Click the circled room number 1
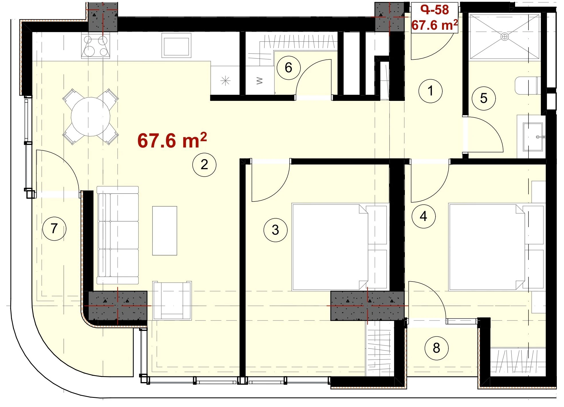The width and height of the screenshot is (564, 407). (430, 91)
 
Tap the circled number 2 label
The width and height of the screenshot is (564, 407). (204, 164)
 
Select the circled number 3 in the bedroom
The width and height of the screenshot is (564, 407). (275, 230)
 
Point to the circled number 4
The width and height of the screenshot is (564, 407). (424, 216)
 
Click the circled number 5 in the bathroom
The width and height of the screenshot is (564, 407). (484, 98)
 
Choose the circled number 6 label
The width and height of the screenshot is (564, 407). (288, 68)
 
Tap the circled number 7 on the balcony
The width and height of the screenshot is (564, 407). (54, 228)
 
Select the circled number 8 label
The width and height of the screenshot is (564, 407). (436, 348)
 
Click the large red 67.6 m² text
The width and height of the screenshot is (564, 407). (172, 140)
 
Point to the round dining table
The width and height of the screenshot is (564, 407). (90, 117)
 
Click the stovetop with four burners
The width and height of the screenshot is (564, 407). (96, 45)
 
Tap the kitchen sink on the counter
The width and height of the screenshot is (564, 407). (176, 45)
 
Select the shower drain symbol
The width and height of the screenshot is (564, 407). (504, 37)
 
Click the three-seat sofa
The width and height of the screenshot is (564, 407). (118, 235)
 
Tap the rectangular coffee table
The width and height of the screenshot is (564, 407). (165, 231)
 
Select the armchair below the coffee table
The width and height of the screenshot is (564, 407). (172, 300)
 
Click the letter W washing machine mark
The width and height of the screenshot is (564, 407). (260, 81)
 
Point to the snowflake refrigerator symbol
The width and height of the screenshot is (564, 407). (225, 81)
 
